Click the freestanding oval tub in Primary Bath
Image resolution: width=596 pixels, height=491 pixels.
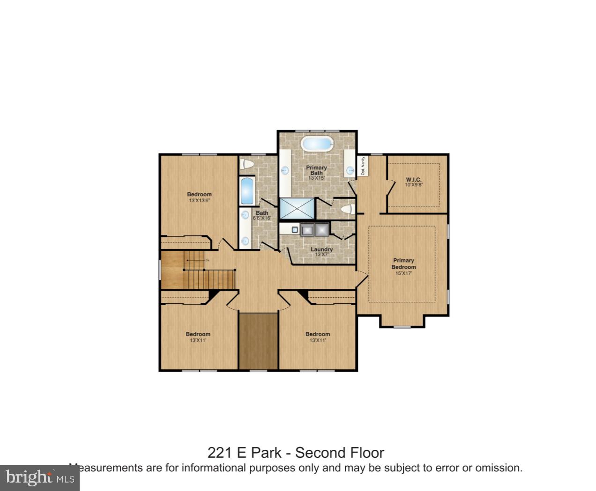[x=317, y=143]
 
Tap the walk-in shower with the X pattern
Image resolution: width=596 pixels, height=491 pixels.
[x=298, y=208]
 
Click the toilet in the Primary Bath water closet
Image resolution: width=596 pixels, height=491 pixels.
[x=347, y=209]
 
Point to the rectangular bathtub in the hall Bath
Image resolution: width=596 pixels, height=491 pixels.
[x=247, y=191]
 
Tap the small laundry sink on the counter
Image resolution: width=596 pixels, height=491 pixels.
[x=294, y=230]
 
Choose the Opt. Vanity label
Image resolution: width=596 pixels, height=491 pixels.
[x=363, y=166]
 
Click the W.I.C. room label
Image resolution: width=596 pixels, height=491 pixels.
[x=413, y=179]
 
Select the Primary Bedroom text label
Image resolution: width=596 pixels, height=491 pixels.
[x=403, y=264]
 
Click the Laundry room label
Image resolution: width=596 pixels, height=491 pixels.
[x=321, y=249]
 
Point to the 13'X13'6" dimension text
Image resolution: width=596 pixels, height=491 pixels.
[x=199, y=201]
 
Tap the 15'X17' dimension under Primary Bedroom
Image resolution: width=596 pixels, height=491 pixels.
[x=403, y=273]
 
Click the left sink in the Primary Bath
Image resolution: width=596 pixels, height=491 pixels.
[x=285, y=170]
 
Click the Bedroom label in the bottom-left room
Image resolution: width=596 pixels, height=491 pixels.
[x=198, y=334]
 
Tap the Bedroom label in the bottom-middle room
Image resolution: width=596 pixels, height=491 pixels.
[x=318, y=334]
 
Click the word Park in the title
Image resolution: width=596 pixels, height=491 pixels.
[x=266, y=453]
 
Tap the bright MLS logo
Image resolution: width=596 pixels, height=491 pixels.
[x=40, y=478]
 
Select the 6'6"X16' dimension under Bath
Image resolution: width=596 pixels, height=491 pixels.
[x=262, y=218]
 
